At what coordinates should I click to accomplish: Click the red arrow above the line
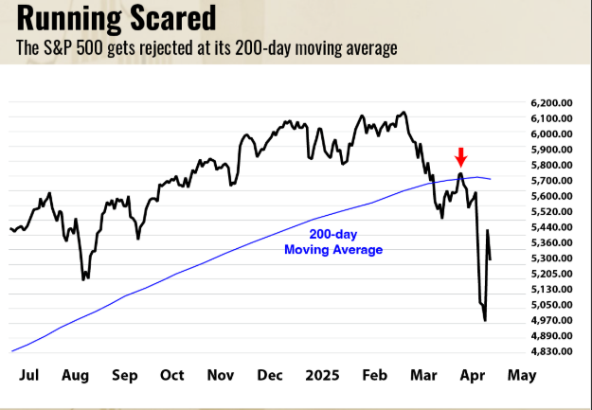[461, 156]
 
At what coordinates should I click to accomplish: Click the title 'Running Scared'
[115, 18]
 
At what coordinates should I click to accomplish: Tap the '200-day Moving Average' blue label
[333, 242]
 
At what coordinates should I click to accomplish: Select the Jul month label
[29, 375]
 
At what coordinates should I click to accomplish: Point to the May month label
[521, 375]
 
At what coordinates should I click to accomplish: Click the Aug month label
[76, 375]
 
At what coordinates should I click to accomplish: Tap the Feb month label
[376, 375]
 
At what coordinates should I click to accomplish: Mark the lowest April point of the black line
[486, 320]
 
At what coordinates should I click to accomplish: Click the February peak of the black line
[404, 113]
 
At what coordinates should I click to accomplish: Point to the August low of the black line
[84, 278]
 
